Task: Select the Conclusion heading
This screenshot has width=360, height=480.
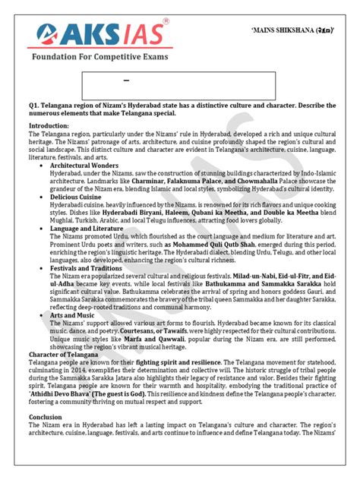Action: coord(47,437)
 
